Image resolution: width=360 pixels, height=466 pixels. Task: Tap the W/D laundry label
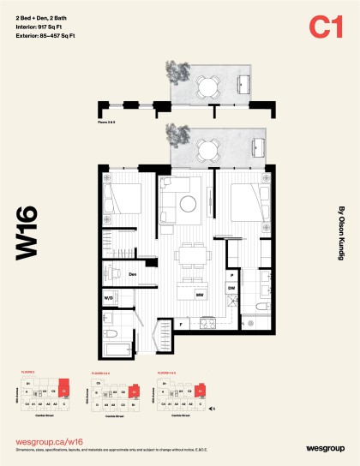point(109,297)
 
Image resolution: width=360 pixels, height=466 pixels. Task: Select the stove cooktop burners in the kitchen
point(206,324)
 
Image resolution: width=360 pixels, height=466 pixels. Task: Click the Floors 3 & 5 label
point(107,123)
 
